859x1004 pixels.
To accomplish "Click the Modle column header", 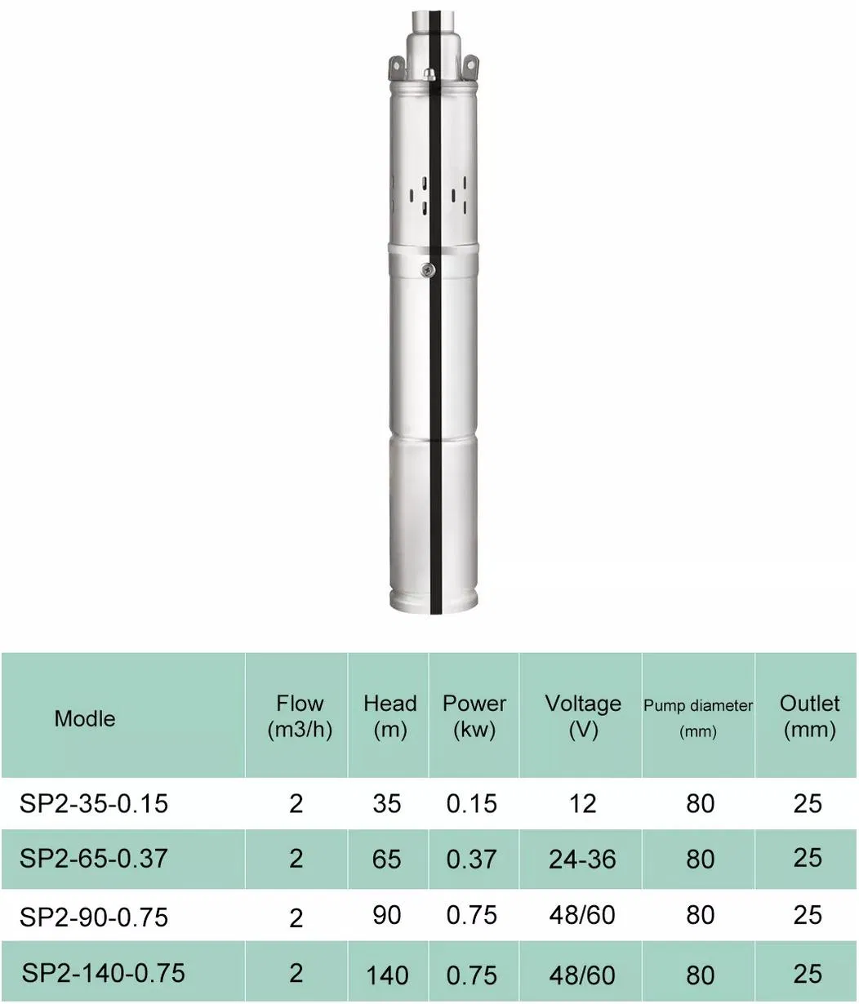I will pyautogui.click(x=85, y=718).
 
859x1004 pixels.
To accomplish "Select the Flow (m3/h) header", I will pyautogui.click(x=300, y=716).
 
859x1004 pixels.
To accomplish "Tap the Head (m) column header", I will pyautogui.click(x=389, y=716).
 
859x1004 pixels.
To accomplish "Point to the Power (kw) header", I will pyautogui.click(x=474, y=716).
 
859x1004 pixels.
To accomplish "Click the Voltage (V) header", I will pyautogui.click(x=582, y=716).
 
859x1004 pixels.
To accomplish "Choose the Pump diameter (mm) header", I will pyautogui.click(x=698, y=717).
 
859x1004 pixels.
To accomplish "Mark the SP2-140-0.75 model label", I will pyautogui.click(x=103, y=973).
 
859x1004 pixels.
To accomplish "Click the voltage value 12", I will pyautogui.click(x=582, y=803).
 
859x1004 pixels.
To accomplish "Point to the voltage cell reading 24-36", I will pyautogui.click(x=582, y=859).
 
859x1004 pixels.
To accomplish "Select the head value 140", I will pyautogui.click(x=387, y=975).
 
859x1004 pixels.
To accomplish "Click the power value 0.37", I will pyautogui.click(x=471, y=859).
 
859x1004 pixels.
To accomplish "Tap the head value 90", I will pyautogui.click(x=387, y=915).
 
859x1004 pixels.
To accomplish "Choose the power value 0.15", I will pyautogui.click(x=471, y=803).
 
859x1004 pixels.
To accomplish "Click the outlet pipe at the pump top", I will pyautogui.click(x=429, y=24).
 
